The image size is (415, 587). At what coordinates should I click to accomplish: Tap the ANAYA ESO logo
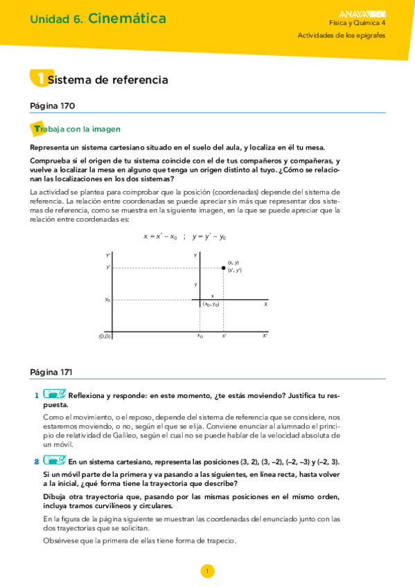[363, 12]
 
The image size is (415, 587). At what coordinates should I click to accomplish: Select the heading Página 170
[53, 106]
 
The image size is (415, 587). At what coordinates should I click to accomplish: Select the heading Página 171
[53, 371]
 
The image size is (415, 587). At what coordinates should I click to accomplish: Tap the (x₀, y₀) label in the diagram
[211, 305]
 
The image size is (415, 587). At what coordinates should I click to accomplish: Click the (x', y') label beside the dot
[234, 271]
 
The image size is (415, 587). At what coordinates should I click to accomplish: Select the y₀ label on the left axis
[107, 300]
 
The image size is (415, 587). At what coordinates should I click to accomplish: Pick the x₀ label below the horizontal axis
[200, 336]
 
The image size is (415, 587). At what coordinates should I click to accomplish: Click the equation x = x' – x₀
[160, 237]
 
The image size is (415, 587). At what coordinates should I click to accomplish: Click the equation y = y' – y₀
[209, 237]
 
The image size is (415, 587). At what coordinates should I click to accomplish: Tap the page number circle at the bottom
[207, 570]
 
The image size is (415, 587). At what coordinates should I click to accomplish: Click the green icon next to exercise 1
[53, 395]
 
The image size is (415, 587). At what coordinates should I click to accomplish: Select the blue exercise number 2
[36, 461]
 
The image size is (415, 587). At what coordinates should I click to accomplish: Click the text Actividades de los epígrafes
[342, 35]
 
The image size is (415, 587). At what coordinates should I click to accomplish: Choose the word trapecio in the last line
[221, 541]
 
